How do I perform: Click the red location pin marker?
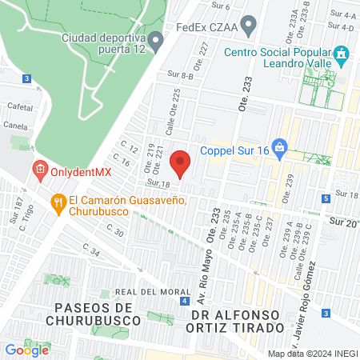pyautogui.click(x=181, y=163)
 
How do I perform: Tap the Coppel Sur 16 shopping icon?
pyautogui.click(x=278, y=147)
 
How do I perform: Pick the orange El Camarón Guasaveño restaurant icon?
pyautogui.click(x=58, y=203)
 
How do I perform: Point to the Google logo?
pyautogui.click(x=27, y=349)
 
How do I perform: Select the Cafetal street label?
pyautogui.click(x=19, y=106)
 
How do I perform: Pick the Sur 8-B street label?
pyautogui.click(x=180, y=74)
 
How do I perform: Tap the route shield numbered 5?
pyautogui.click(x=326, y=198)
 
